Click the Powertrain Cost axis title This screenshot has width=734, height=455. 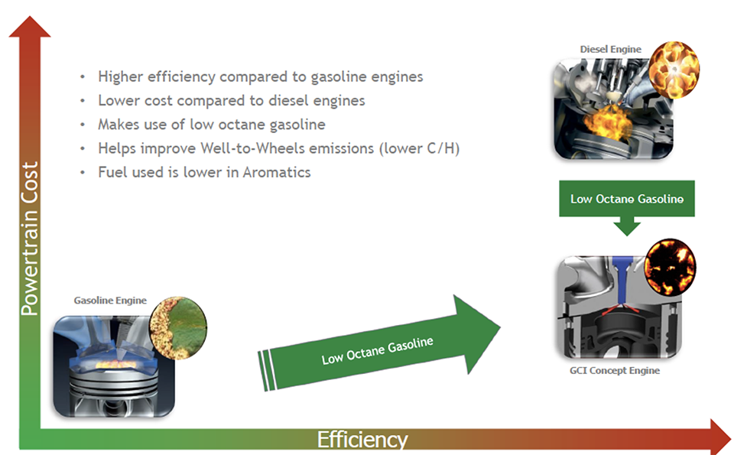30,239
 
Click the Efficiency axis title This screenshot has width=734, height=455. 362,440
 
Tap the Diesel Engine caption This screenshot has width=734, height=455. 610,49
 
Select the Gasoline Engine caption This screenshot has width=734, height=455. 110,300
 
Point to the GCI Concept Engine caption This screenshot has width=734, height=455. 615,370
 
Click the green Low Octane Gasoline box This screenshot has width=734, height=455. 627,199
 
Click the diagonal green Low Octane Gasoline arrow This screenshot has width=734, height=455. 379,343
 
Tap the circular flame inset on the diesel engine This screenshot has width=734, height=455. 674,70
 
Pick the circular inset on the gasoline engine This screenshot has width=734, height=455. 178,327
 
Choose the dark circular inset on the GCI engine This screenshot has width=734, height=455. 670,268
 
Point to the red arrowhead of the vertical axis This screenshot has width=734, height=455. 30,27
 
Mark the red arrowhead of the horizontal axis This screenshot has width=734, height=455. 720,437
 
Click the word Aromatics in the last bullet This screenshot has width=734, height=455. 277,172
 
